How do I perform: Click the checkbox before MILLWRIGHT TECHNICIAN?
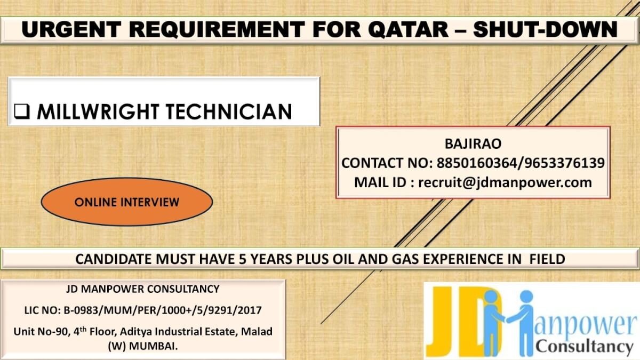coord(21,112)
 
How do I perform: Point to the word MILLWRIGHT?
coord(97,112)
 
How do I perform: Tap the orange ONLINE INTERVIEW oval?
coord(127,202)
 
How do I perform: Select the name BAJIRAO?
coord(473,143)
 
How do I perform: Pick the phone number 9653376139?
coord(566,163)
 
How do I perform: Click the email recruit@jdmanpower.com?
coord(505,182)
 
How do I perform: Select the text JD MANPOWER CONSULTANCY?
coord(143,289)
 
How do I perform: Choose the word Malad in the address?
coord(257,331)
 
